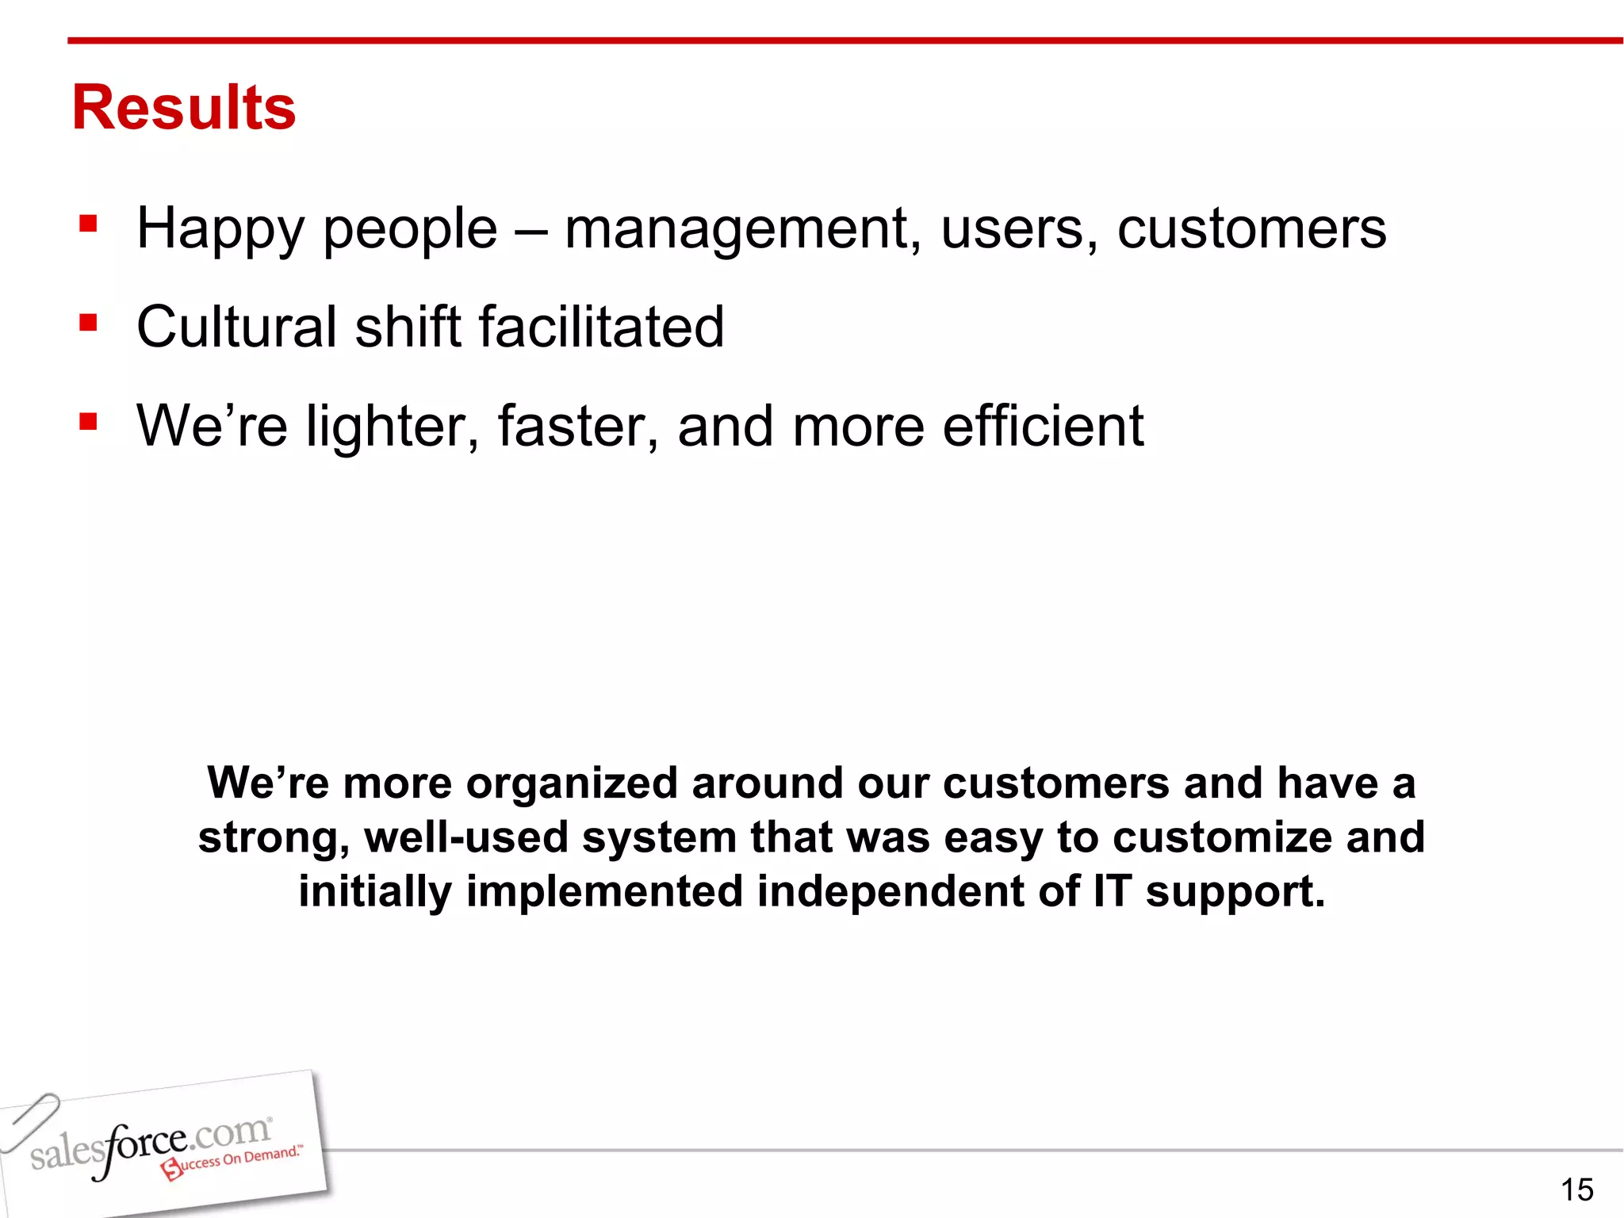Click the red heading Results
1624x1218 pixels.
pyautogui.click(x=184, y=108)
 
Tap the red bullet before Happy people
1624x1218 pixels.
pyautogui.click(x=88, y=224)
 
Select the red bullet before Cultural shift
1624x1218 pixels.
pyautogui.click(x=88, y=323)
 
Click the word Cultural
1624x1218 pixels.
pyautogui.click(x=236, y=327)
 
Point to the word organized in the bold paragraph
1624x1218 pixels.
pyautogui.click(x=571, y=784)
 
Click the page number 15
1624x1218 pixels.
pyautogui.click(x=1576, y=1189)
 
